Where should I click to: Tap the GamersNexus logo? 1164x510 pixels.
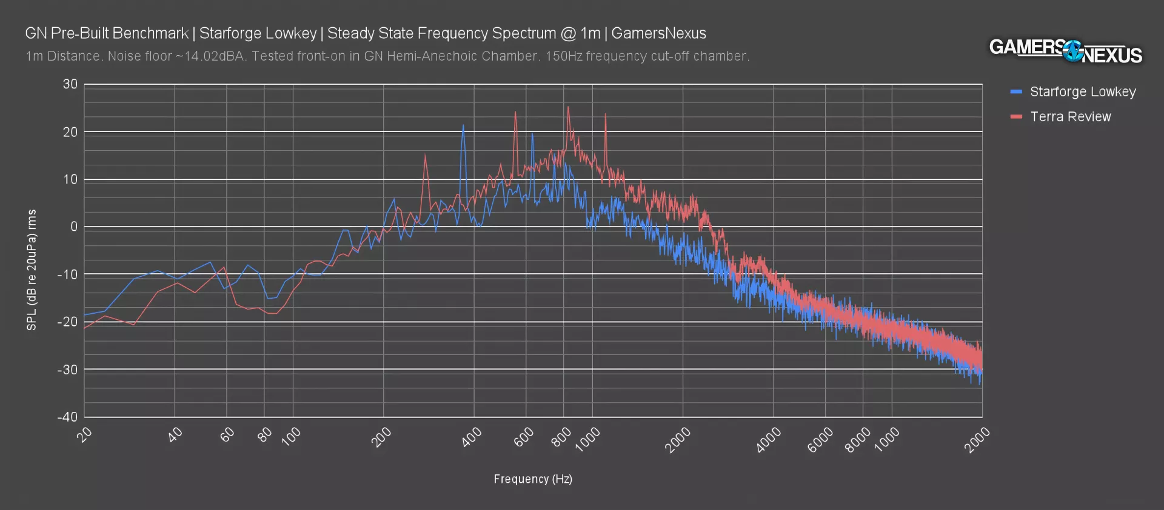tap(1065, 51)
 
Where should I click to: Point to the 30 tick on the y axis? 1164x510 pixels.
tap(70, 84)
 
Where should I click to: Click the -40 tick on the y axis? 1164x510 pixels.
tap(68, 417)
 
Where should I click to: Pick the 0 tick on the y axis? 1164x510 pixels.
tap(74, 227)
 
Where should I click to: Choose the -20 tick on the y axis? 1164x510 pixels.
tap(68, 322)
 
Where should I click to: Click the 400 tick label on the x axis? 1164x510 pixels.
tap(472, 437)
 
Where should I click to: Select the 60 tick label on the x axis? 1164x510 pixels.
tap(227, 434)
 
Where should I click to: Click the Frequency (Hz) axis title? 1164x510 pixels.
tap(533, 479)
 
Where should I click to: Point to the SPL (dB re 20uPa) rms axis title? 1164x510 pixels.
tap(32, 270)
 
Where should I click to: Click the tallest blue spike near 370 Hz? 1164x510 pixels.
tap(463, 125)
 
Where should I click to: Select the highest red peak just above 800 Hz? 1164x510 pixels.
tap(568, 107)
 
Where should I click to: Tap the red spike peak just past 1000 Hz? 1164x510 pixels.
tap(605, 114)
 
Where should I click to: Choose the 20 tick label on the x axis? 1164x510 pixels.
tap(85, 434)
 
